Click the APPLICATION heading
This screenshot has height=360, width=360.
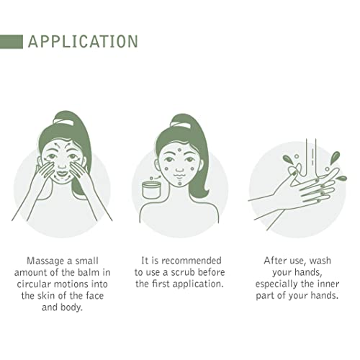pyautogui.click(x=83, y=42)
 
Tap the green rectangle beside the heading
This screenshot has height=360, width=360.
pyautogui.click(x=12, y=42)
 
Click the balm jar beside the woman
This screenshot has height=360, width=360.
pyautogui.click(x=151, y=189)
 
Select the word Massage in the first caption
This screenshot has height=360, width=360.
pyautogui.click(x=45, y=261)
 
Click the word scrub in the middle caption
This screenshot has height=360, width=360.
pyautogui.click(x=184, y=272)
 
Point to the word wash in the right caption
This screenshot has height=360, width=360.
pyautogui.click(x=320, y=261)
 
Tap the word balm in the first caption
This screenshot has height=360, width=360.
pyautogui.click(x=89, y=272)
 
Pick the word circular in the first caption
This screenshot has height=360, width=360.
pyautogui.click(x=34, y=284)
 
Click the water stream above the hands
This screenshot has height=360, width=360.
pyautogui.click(x=311, y=157)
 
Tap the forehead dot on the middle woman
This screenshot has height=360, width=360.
pyautogui.click(x=179, y=150)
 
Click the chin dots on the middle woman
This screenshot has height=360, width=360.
pyautogui.click(x=180, y=181)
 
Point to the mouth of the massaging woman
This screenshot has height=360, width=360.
pyautogui.click(x=63, y=173)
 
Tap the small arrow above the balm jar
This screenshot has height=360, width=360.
pyautogui.click(x=158, y=177)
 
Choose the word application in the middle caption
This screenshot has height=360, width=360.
pyautogui.click(x=198, y=284)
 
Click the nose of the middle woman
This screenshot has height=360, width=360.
pyautogui.click(x=179, y=169)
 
